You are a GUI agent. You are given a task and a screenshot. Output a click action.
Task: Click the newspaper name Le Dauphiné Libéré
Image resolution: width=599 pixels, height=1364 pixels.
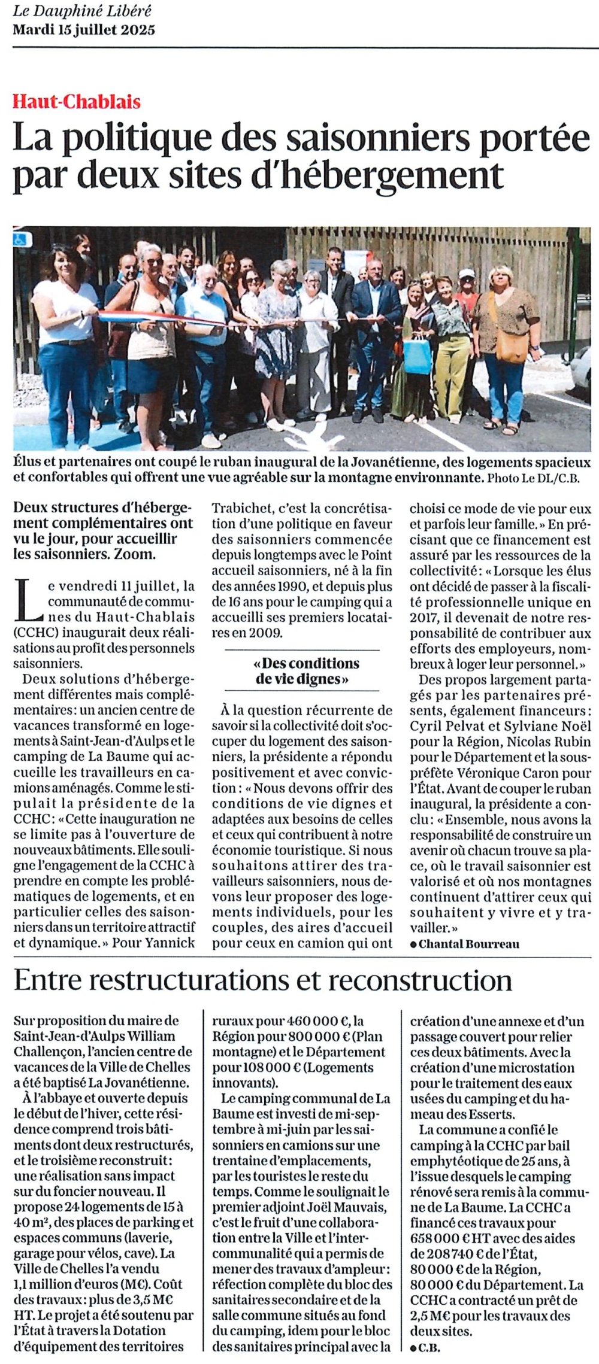(83, 11)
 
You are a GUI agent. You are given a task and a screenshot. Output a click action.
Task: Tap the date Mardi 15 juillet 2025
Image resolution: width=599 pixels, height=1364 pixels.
(84, 29)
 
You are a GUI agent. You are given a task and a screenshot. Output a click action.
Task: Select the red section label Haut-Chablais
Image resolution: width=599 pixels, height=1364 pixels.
(77, 102)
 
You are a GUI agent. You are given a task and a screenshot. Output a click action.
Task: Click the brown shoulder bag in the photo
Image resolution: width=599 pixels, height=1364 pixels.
(512, 347)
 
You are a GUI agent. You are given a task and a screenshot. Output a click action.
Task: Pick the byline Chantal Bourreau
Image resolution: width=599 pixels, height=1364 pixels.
(469, 944)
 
